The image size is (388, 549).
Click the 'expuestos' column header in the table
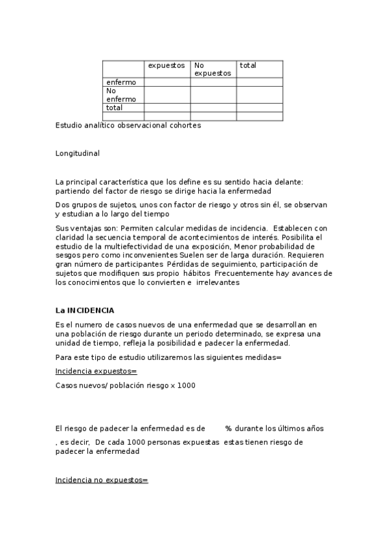point(166,65)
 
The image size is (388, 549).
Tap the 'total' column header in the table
point(248,65)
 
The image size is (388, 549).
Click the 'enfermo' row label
point(121,82)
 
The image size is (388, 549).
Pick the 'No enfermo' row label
point(121,95)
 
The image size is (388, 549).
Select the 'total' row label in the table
point(115,107)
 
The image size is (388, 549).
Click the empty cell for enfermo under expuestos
point(167,82)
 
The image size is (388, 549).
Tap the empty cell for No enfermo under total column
point(259,95)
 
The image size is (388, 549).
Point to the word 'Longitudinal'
point(78,153)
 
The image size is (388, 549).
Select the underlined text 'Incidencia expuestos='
point(97,371)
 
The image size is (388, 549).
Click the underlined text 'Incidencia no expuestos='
point(102,480)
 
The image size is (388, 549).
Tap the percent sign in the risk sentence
point(229,429)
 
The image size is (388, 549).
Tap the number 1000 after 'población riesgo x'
point(185,385)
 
